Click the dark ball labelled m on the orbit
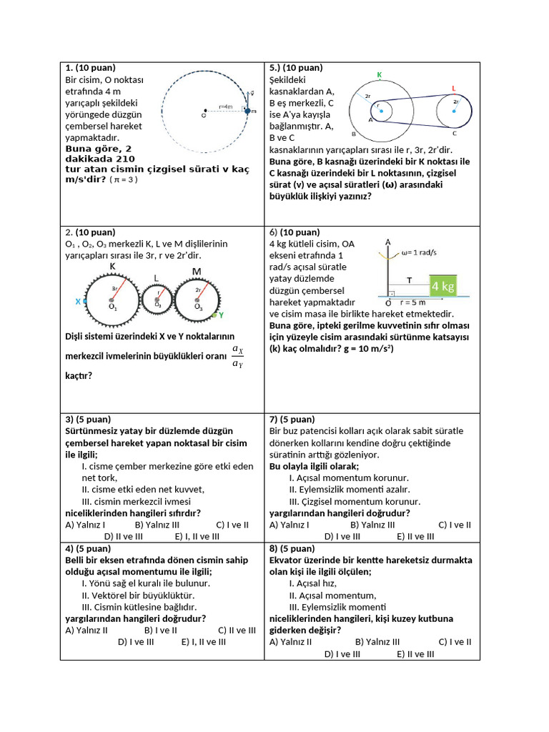(247, 111)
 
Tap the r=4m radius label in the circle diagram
(226, 107)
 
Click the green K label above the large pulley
(379, 74)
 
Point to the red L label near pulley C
(454, 88)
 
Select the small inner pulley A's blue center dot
(381, 111)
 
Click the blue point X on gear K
(84, 302)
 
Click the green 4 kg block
(442, 286)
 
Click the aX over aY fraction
(238, 356)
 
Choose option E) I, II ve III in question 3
(197, 535)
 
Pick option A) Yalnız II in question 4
(86, 630)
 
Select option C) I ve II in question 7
(455, 524)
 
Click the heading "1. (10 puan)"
(90, 68)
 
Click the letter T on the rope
(409, 281)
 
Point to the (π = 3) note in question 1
(124, 179)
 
